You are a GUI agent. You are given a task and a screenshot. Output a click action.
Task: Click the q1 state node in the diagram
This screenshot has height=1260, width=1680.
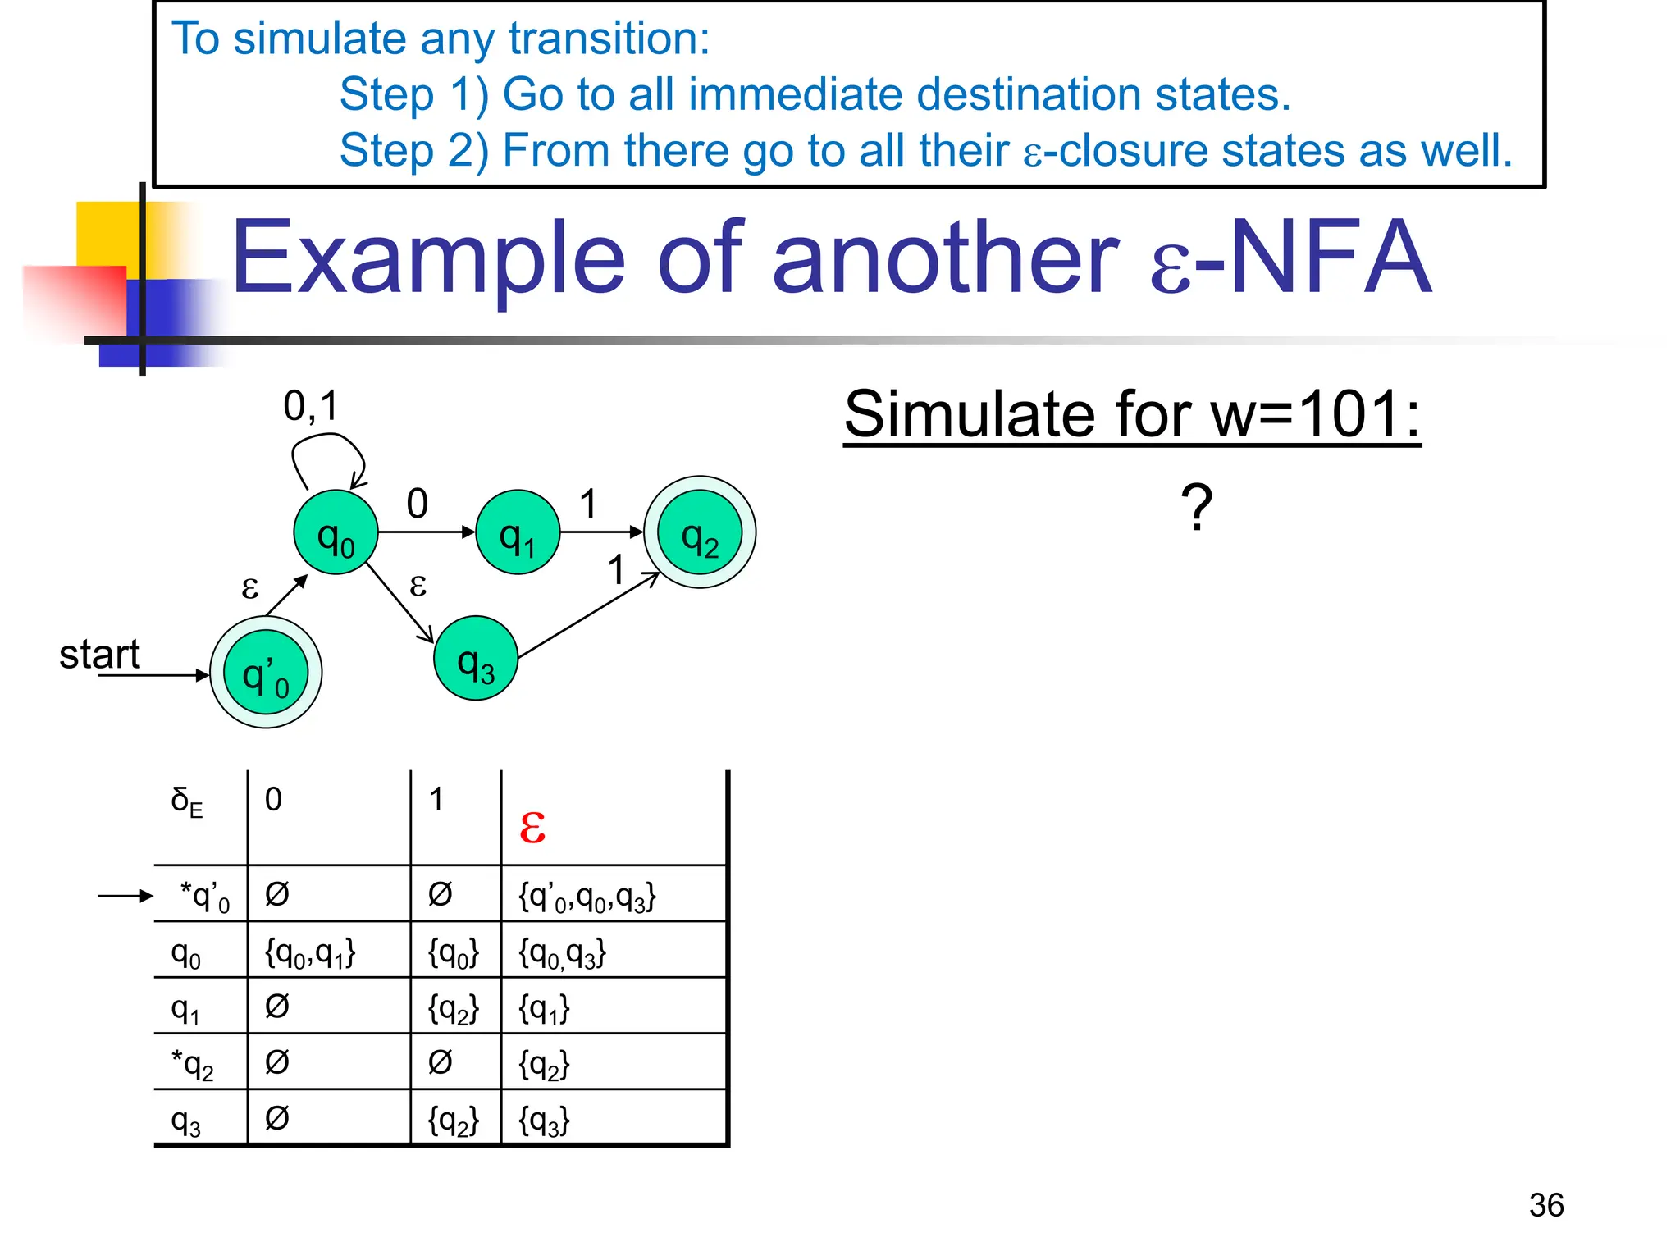click(518, 532)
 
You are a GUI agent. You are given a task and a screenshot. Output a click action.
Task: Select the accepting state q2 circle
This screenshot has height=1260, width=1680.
click(700, 532)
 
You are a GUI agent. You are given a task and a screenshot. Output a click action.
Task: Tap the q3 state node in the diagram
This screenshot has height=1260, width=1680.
click(476, 659)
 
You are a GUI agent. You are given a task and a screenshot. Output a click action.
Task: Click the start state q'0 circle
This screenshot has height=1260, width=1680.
click(266, 673)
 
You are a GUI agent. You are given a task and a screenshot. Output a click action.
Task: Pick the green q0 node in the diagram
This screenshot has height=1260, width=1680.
click(336, 532)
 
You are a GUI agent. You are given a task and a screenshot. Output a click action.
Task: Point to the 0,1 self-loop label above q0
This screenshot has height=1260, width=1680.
click(311, 406)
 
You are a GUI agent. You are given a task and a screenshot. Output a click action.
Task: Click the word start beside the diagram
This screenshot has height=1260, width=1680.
click(99, 655)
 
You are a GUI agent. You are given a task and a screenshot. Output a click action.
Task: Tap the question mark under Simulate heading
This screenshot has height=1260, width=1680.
click(1196, 508)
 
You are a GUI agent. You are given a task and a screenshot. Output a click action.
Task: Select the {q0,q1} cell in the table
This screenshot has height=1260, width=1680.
click(310, 953)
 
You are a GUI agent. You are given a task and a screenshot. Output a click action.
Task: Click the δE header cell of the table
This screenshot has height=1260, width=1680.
click(187, 801)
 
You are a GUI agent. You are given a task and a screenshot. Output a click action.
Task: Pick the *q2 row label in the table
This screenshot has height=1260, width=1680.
click(193, 1065)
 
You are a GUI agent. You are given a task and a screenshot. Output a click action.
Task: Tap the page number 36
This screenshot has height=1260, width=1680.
click(1545, 1205)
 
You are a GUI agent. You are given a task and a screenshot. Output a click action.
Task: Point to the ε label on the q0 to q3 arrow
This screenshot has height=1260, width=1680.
click(418, 585)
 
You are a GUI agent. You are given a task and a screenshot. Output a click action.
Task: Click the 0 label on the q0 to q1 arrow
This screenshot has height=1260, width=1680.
click(417, 504)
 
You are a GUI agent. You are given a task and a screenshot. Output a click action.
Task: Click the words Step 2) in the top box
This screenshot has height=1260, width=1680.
click(413, 150)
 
